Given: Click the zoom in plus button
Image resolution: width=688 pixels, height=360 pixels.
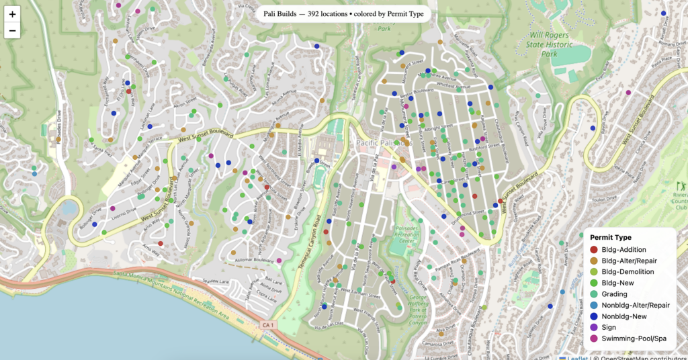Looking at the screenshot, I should (x=13, y=13).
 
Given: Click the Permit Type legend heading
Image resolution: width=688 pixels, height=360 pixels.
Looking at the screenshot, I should (x=611, y=237).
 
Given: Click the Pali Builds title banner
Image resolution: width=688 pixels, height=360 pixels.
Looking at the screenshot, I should (x=343, y=13).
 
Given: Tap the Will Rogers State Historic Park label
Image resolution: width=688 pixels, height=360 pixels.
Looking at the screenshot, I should (x=550, y=44).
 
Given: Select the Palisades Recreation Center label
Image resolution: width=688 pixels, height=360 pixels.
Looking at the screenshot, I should (x=409, y=235).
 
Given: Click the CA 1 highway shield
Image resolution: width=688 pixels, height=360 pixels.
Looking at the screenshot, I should (x=267, y=326).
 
